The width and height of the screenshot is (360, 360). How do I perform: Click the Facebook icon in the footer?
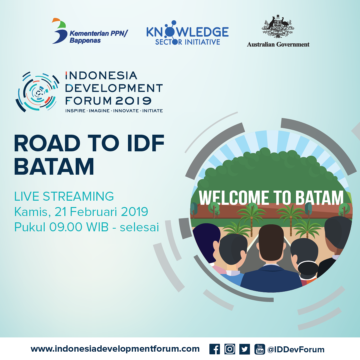coord(214,349)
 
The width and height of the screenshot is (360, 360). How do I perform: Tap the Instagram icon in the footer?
coord(229,349)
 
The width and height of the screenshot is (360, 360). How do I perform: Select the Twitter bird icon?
coord(245,349)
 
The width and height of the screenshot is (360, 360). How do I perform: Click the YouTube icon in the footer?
coord(260,349)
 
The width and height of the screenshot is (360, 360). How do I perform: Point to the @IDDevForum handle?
coord(296,349)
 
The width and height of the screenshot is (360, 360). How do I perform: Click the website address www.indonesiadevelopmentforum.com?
coord(115,349)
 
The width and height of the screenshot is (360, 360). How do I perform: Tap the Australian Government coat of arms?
coord(278,26)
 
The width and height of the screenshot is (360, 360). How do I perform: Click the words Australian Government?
coord(278,44)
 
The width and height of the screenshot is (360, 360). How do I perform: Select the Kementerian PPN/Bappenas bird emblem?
coord(59,31)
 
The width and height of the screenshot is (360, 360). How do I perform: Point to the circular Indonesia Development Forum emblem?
coord(37,92)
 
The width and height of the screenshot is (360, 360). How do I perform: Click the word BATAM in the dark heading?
coord(54,167)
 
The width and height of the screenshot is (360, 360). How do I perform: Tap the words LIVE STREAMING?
coord(64,196)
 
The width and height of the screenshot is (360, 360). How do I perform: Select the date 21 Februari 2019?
coord(101,211)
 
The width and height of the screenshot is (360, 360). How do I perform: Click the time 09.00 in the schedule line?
coord(66,227)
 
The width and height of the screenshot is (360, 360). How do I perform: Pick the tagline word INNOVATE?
coord(126,111)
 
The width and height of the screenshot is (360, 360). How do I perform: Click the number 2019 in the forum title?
coord(133,101)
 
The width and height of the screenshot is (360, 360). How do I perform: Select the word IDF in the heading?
coord(146,143)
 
